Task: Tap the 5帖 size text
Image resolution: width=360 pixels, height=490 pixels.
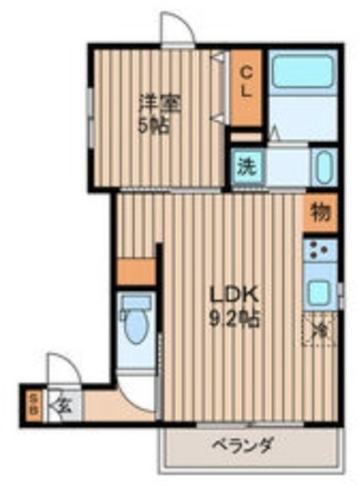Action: [x=154, y=126]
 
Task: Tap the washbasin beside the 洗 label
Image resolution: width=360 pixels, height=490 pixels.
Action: [x=322, y=165]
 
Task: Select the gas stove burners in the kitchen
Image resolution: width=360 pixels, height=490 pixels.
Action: [x=321, y=250]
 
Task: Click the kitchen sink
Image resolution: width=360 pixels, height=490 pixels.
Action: [x=319, y=291]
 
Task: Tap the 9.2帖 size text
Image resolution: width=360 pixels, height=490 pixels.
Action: [x=237, y=317]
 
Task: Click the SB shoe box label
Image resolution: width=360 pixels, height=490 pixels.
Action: [x=34, y=403]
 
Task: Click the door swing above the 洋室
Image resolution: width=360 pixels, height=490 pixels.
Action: [x=175, y=32]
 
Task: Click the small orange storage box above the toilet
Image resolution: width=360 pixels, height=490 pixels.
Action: [x=137, y=271]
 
